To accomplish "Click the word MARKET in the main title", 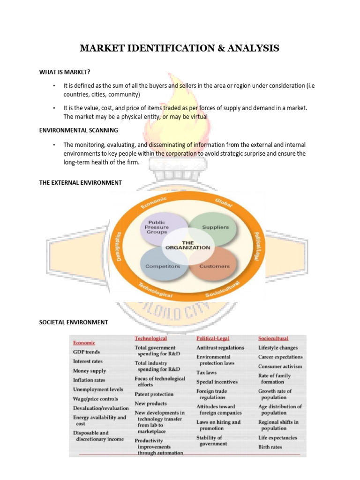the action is point(100,48).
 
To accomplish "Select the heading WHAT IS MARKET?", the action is point(65,72).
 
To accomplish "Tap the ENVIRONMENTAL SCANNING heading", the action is point(78,130).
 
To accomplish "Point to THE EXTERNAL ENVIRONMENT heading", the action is point(80,182).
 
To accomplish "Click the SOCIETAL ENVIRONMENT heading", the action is point(73,322).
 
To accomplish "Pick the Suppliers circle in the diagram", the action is point(215,227).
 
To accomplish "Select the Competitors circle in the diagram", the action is point(162,266).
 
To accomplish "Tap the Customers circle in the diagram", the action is point(215,266).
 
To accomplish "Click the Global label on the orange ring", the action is point(224,202).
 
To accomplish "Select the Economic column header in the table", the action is point(84,343).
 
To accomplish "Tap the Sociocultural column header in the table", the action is point(273,338).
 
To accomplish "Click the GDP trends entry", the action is point(86,352).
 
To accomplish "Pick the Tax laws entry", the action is point(206,373).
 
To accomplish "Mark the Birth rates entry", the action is point(270,447).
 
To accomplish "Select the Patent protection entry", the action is point(154,394).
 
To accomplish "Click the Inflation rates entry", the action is point(89,380).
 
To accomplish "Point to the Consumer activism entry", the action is point(280,366).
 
